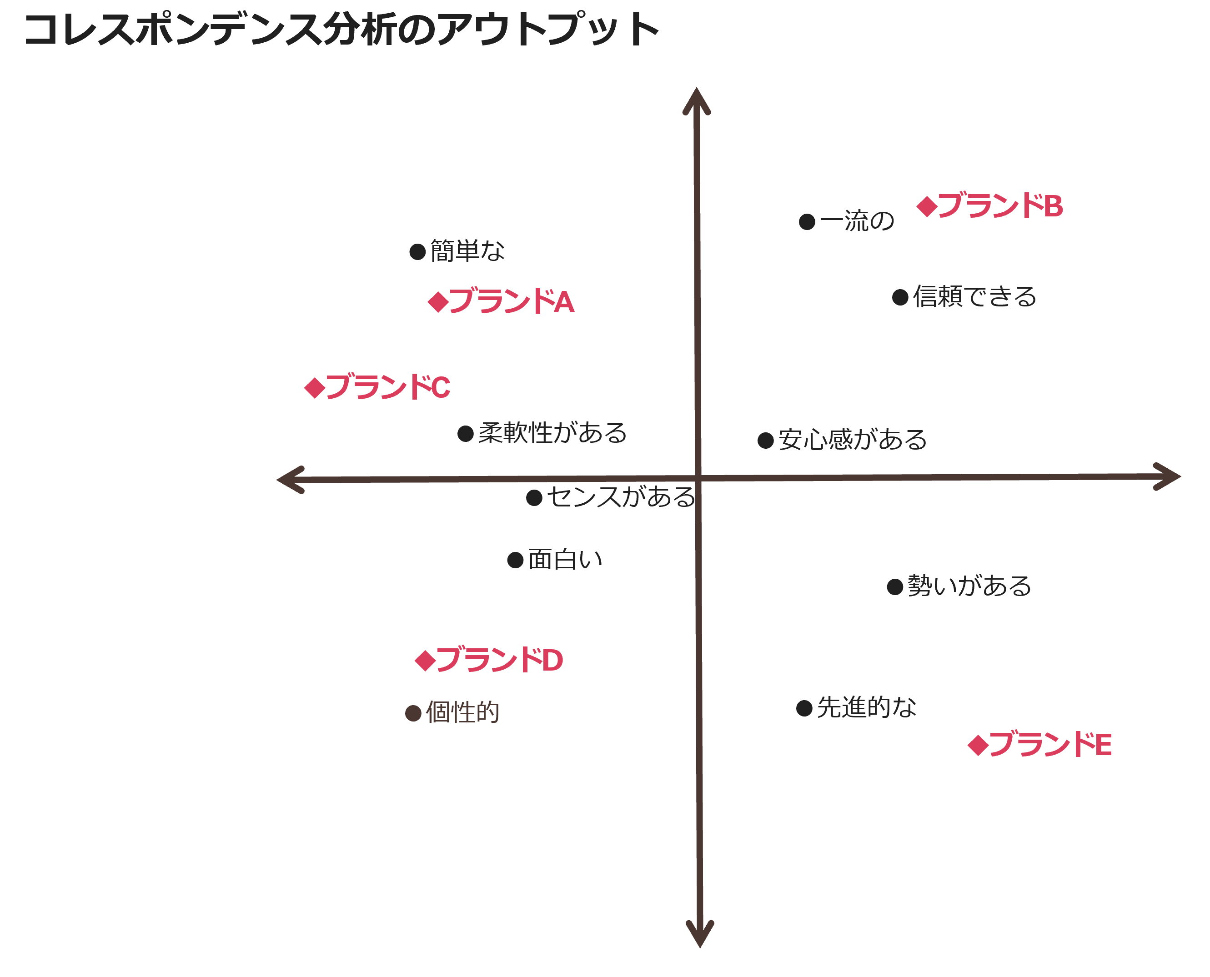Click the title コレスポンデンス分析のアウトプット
click(x=341, y=29)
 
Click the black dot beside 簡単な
click(x=417, y=251)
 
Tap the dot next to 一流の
click(x=807, y=222)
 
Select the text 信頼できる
click(x=974, y=296)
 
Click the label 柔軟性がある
click(x=552, y=433)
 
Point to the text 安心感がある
click(x=852, y=440)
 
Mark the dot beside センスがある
click(x=534, y=497)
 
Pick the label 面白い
click(x=565, y=559)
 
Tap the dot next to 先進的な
click(x=804, y=708)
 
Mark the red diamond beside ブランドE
click(x=978, y=745)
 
